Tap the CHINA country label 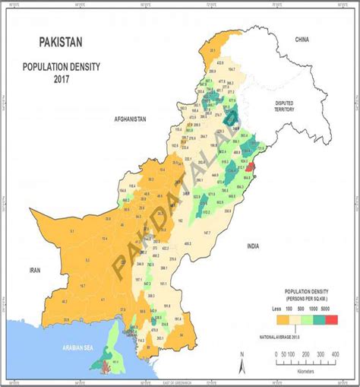304,38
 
